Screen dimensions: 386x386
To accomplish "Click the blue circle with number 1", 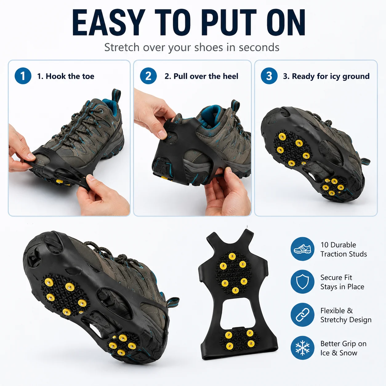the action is [x=23, y=76].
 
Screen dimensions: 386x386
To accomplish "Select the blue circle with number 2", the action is [x=148, y=76].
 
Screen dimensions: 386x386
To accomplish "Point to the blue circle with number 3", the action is [x=269, y=76].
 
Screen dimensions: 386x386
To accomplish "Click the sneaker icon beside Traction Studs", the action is [x=303, y=249].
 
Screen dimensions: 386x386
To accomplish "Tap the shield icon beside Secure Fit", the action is [x=303, y=282].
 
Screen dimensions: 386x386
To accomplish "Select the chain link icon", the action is [x=303, y=315].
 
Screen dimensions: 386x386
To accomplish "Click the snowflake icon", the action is [x=303, y=348].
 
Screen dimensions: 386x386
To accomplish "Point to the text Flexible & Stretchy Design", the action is [x=346, y=315].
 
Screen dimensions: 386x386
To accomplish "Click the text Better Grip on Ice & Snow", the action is [x=343, y=348].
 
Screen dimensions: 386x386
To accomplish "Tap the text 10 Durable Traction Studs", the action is [x=344, y=249].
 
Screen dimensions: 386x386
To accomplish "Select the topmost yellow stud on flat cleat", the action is [x=232, y=256].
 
